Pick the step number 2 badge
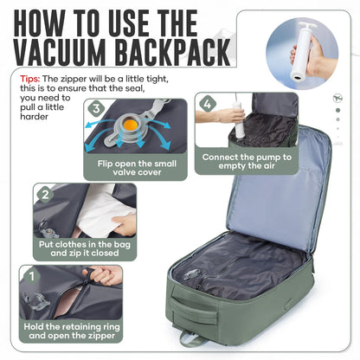pyautogui.click(x=42, y=195)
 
